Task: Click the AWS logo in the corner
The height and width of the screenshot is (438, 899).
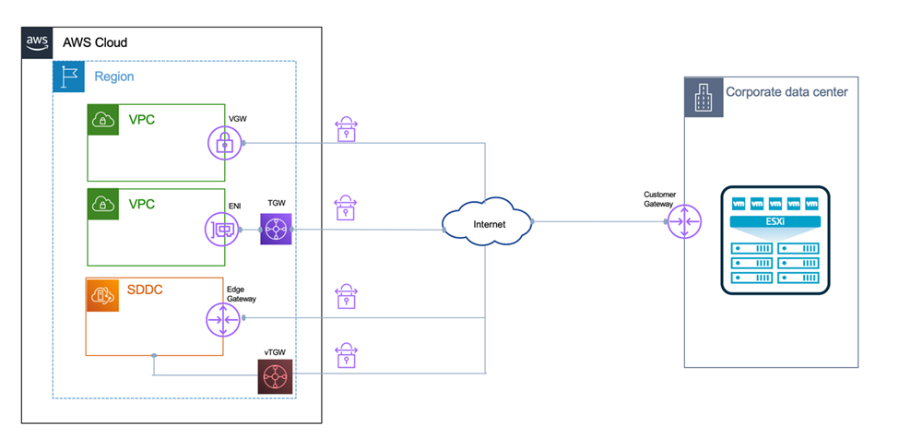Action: point(37,41)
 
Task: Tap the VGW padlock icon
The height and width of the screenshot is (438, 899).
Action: point(223,142)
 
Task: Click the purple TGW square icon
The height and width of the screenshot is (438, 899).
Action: point(276,228)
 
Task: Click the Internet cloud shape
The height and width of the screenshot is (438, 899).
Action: point(487,223)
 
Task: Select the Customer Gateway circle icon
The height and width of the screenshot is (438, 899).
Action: point(684,222)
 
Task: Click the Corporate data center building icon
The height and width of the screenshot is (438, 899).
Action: point(702,94)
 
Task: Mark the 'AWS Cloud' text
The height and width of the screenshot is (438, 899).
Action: point(95,42)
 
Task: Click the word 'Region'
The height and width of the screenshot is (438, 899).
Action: point(114,77)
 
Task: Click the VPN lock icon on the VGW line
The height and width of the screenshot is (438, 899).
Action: point(346,129)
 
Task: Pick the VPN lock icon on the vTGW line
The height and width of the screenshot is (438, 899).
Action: point(346,357)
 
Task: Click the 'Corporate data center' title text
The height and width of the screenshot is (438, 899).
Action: point(787,92)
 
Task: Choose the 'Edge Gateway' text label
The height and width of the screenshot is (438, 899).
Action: point(242,293)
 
